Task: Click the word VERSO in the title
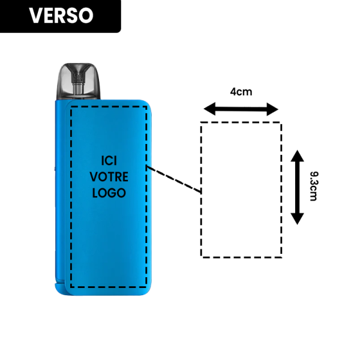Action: [61, 16]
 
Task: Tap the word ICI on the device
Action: [109, 161]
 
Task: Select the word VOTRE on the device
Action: [109, 177]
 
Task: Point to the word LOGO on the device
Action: [109, 193]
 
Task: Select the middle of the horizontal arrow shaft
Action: [241, 109]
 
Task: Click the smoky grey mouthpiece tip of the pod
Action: [77, 65]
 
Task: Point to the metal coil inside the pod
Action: [78, 84]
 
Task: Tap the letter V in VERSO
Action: [35, 16]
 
